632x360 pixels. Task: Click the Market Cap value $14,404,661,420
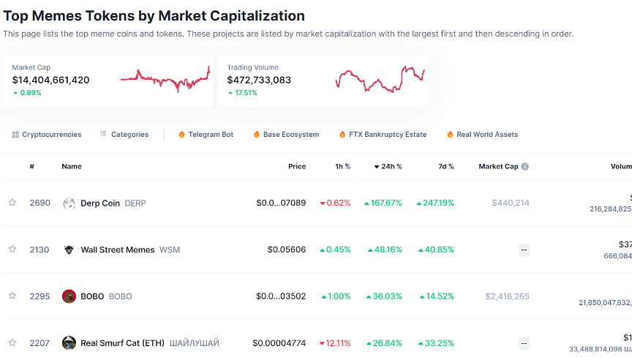[50, 80]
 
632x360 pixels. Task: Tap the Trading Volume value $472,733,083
[259, 80]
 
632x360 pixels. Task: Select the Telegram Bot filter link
[211, 135]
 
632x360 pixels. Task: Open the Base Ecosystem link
[290, 135]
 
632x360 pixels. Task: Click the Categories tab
[129, 135]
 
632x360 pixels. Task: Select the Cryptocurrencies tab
[51, 135]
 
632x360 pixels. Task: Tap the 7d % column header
[445, 167]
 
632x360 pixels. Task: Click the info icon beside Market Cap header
[524, 167]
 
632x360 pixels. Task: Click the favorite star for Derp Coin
[12, 203]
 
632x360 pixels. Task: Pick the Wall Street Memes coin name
[117, 250]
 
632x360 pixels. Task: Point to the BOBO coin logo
[69, 296]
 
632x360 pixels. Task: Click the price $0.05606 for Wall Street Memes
[286, 250]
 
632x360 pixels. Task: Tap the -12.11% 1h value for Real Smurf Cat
[336, 343]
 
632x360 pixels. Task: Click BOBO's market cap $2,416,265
[507, 296]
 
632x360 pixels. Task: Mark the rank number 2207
[39, 343]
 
